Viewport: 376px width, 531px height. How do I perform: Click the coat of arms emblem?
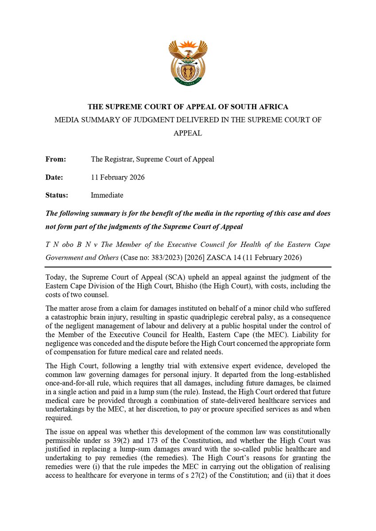tap(188, 63)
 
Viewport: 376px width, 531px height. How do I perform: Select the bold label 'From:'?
tap(56, 159)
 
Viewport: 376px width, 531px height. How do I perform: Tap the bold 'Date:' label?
tap(54, 177)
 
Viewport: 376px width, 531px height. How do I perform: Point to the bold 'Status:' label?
tap(57, 195)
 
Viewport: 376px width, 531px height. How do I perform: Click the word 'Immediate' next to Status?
tap(107, 195)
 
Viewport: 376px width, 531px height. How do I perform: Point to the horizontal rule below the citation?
tap(188, 267)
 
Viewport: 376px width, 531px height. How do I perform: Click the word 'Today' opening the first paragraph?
tap(55, 277)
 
